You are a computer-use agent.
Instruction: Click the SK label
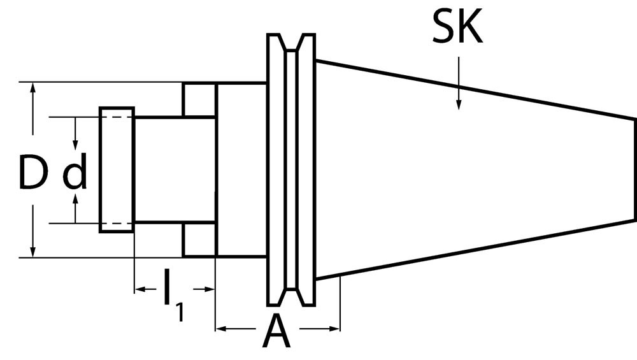[x=457, y=27]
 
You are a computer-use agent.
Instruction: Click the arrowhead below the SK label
[x=458, y=102]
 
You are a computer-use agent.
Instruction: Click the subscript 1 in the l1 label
[x=180, y=312]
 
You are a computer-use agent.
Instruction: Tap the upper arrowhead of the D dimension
[x=32, y=90]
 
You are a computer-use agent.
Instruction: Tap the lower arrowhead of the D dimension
[x=32, y=250]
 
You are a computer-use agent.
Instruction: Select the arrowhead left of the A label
[x=223, y=329]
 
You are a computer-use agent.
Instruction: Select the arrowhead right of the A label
[x=333, y=329]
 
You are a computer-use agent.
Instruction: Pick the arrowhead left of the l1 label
[x=141, y=289]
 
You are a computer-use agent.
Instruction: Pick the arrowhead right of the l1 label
[x=208, y=289]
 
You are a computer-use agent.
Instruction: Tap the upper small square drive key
[x=199, y=99]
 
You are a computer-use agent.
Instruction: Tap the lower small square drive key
[x=199, y=240]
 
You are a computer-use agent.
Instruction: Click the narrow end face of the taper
[x=635, y=169]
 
